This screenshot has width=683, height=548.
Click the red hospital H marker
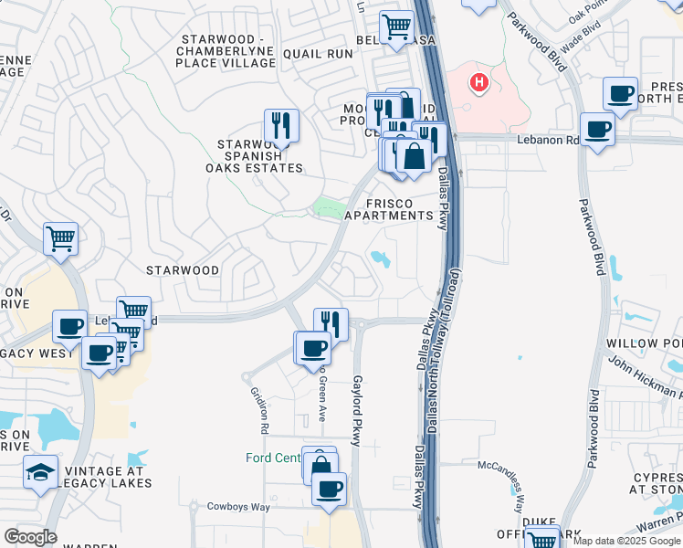[478, 84]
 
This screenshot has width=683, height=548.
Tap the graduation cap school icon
[40, 471]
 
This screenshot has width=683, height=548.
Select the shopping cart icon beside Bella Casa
[396, 26]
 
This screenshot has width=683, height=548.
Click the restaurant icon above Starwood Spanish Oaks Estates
[281, 125]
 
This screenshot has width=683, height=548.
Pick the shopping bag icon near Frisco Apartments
[414, 156]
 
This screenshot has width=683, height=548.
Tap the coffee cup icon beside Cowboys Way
[329, 487]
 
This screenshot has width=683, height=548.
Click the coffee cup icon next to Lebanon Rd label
[597, 129]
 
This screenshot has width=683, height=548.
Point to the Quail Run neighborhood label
[318, 54]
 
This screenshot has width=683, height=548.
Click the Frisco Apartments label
[400, 209]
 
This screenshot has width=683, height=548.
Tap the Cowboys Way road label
[238, 506]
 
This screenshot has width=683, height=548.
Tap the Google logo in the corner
[30, 537]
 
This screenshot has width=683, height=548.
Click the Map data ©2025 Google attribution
[626, 541]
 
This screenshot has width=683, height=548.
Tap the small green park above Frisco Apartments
[324, 208]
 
